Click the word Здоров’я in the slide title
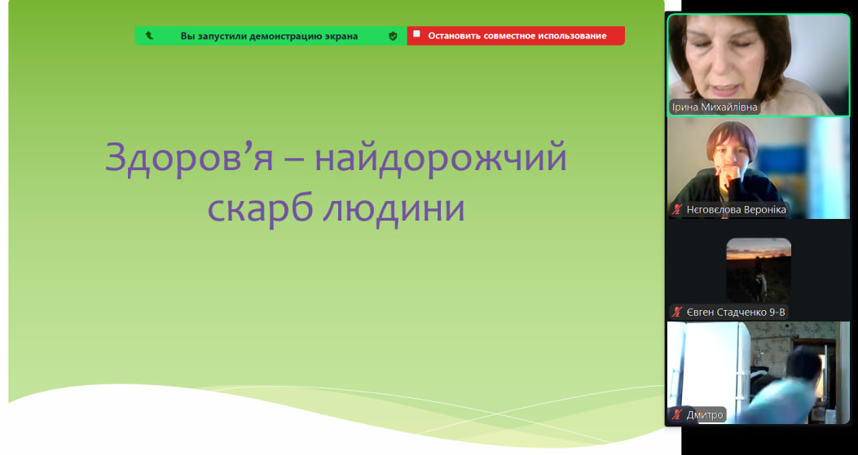pos(189,158)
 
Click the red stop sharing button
pos(516,36)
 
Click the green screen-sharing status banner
pos(271,36)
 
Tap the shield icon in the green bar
pos(393,36)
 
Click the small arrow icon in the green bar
pos(149,36)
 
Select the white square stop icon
pos(416,34)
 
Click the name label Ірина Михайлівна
pos(715,107)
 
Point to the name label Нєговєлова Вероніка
pos(736,209)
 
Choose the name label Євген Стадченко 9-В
pos(736,313)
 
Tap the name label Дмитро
pos(705,415)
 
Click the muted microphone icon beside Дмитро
pos(677,415)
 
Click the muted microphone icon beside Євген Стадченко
pos(677,313)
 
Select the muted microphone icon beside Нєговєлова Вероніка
pos(677,209)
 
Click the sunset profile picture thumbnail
pos(759,270)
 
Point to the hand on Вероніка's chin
pos(728,177)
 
